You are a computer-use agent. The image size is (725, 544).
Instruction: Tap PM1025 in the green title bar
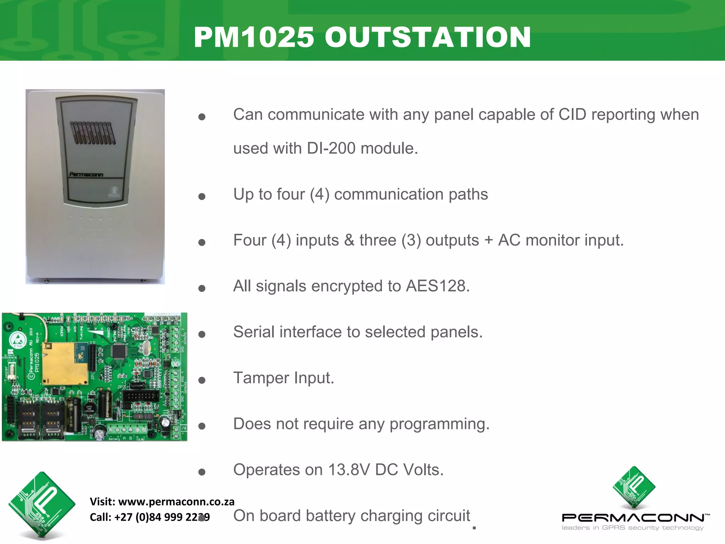point(254,38)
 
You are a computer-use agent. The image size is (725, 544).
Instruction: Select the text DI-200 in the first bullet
point(331,148)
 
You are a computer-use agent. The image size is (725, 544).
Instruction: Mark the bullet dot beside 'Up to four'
point(202,197)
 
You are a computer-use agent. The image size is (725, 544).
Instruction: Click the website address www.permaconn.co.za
point(176,501)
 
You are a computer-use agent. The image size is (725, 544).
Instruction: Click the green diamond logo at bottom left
point(42,505)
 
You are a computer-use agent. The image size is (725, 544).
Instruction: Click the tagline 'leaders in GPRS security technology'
point(632,528)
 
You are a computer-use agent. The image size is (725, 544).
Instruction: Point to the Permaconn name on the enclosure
point(86,174)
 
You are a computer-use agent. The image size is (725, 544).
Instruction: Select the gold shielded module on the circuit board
point(65,363)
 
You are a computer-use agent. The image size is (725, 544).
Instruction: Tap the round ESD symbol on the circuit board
point(17,340)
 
